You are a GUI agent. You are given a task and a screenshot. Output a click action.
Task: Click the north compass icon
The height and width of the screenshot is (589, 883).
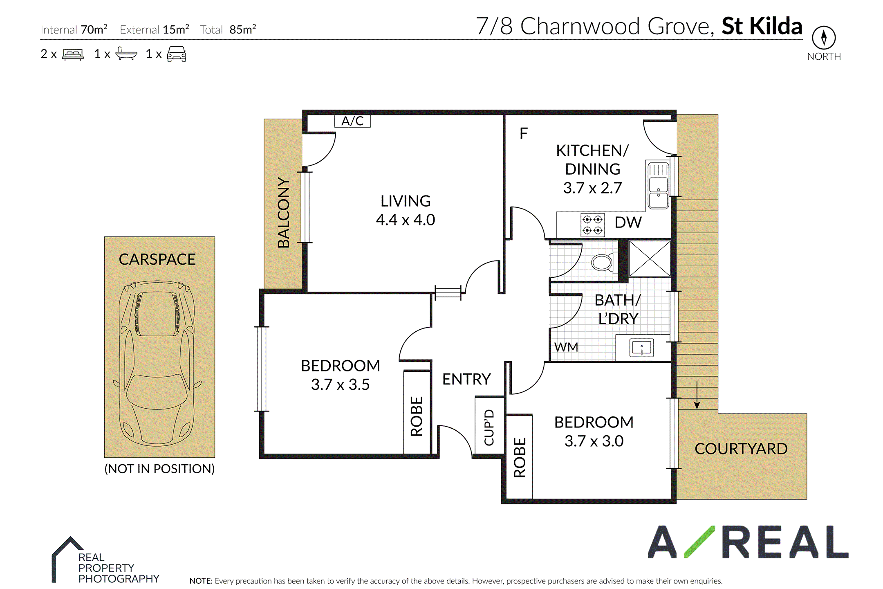point(824,37)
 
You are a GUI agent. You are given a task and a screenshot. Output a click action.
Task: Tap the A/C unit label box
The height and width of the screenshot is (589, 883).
point(352,121)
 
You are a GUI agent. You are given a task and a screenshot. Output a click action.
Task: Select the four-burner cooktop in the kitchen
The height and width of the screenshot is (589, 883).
point(593,225)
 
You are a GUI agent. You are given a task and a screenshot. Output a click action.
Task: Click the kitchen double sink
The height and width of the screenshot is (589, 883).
point(658,185)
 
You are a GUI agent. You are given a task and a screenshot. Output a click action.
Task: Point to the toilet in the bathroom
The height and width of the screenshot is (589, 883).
point(605,262)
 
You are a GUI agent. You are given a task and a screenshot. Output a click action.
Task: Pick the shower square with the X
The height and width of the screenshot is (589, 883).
point(650,259)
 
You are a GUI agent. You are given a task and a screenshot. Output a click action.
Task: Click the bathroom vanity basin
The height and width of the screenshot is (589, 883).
point(641,348)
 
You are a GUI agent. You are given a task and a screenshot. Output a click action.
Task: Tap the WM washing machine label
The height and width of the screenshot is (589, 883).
point(566,347)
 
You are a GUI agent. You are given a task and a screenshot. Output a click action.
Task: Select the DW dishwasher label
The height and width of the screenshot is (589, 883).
point(628,223)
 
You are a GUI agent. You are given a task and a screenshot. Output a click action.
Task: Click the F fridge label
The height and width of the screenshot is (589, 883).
point(524,133)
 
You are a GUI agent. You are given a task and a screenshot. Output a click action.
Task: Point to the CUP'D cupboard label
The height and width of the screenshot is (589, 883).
point(489,427)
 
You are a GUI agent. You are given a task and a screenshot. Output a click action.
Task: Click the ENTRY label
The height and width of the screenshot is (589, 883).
point(466,379)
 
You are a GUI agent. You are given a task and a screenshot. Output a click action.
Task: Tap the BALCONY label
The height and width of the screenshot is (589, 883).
point(283,212)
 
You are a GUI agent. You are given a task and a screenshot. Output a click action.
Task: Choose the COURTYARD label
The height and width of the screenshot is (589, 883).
point(741,449)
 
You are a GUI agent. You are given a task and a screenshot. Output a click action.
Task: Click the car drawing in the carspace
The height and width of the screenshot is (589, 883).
point(157,363)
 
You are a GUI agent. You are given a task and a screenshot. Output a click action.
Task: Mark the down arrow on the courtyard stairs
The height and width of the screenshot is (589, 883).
point(697,395)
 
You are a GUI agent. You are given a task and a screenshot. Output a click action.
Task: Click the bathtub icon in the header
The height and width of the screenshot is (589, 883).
point(126,54)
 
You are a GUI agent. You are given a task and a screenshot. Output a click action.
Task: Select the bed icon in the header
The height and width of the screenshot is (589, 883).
point(73,54)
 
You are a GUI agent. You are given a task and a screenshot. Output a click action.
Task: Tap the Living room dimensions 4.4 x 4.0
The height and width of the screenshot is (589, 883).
point(406,220)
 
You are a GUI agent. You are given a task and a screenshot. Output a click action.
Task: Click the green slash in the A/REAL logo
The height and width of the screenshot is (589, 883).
point(699,542)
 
